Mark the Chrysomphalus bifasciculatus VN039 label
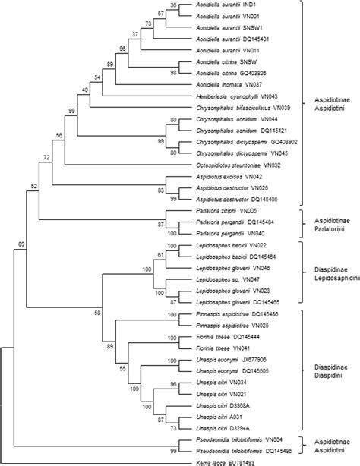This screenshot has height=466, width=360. tap(238, 108)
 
